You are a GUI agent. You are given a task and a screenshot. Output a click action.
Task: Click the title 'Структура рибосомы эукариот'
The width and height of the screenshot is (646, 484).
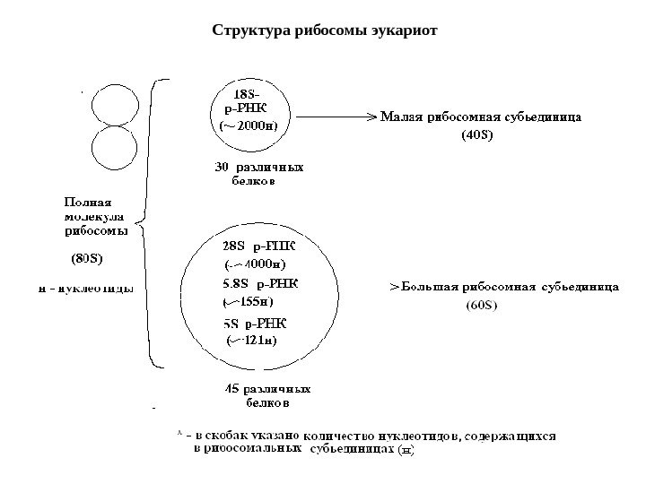pos(324,31)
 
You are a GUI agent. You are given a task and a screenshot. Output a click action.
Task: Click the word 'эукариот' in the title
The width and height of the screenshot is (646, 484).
pos(405,31)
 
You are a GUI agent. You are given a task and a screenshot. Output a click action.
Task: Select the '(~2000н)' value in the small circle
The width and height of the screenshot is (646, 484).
pos(249,126)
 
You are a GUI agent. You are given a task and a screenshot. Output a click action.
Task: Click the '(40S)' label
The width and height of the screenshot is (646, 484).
pos(476,136)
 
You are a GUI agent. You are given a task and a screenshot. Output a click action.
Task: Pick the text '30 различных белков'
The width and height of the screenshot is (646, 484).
pos(258,173)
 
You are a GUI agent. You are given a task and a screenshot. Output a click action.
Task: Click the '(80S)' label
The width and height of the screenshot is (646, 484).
pos(87,260)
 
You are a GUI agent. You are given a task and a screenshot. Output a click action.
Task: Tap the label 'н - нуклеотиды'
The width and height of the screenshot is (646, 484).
pos(86,289)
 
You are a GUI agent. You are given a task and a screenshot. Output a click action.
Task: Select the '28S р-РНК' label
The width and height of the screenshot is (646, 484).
pos(258,244)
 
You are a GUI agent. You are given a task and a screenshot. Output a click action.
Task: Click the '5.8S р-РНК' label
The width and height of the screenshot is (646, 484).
pos(260,283)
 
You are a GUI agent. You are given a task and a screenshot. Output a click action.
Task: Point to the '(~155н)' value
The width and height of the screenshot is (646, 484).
pos(253,302)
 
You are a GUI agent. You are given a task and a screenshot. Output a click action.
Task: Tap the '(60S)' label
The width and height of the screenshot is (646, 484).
pos(482,307)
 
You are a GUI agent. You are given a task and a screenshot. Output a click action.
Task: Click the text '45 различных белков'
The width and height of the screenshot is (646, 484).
pos(266,395)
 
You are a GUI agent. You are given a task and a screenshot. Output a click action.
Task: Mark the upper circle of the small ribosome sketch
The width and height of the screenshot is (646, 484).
pos(113,103)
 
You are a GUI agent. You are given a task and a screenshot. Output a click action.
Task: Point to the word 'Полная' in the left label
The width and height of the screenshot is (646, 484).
pos(87,202)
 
